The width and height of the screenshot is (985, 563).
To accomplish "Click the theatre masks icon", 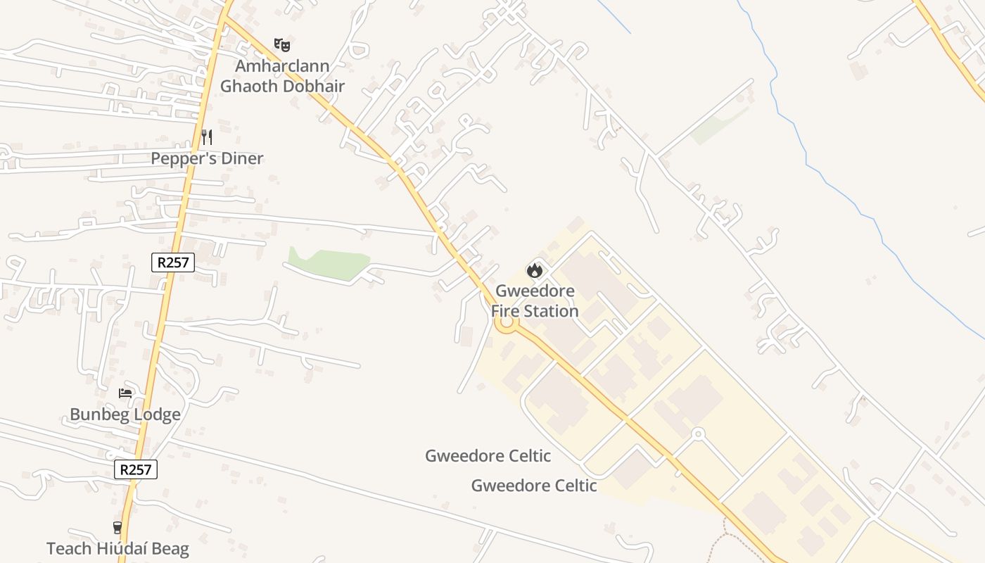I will click(x=282, y=45).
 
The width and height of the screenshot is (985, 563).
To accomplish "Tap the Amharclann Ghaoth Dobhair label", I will click(x=282, y=76).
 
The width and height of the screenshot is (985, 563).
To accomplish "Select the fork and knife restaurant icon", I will click(x=206, y=137).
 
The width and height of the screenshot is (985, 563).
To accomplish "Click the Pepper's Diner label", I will click(x=207, y=158).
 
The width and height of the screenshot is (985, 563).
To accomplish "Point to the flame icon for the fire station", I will click(x=535, y=270).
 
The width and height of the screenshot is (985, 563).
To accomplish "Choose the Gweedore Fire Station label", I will click(x=535, y=301).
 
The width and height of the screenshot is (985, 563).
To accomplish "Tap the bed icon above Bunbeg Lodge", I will click(x=125, y=393).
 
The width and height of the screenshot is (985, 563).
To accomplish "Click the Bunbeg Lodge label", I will click(x=125, y=415).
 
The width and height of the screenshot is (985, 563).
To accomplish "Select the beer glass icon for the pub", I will click(x=117, y=527).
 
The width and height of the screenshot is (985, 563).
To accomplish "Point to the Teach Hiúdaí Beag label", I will click(x=117, y=549).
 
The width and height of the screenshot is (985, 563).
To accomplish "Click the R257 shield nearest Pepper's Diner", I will click(x=173, y=262).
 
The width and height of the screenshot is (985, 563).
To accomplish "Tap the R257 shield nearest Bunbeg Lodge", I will click(x=136, y=469).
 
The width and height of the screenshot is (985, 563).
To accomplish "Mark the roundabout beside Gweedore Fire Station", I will click(x=505, y=323).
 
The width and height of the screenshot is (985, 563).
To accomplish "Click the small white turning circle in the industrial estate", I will click(x=698, y=434).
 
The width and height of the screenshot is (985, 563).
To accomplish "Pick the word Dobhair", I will click(x=314, y=86).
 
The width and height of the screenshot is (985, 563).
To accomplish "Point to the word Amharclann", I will click(x=282, y=66).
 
